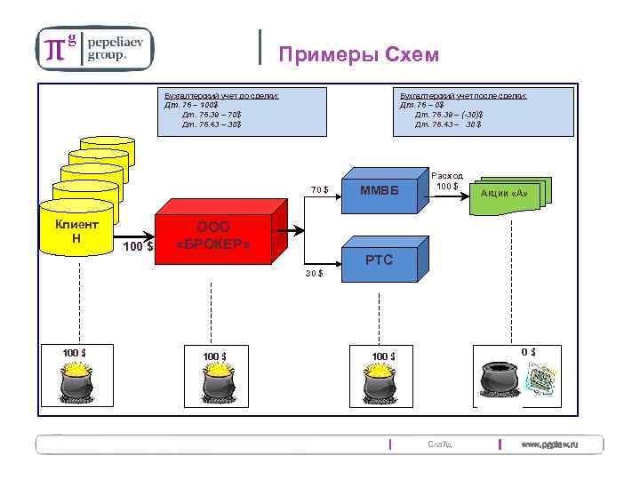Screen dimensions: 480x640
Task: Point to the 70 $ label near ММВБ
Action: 320,188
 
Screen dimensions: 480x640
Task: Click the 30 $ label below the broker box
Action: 315,274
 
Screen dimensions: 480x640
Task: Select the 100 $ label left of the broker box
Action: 138,245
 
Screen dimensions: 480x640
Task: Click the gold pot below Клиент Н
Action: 80,383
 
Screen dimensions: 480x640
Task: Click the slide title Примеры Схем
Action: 358,55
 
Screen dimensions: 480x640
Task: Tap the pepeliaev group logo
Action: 95,47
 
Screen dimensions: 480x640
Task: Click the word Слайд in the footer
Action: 439,444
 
